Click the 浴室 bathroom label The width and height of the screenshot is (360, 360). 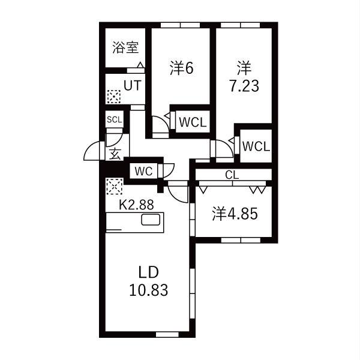coord(125,47)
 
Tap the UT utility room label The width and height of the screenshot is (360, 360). coord(133,85)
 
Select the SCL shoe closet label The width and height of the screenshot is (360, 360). coord(115,119)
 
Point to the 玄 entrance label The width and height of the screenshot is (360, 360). coord(115,154)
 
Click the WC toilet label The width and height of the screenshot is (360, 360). coord(143,171)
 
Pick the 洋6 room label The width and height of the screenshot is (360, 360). coord(182,68)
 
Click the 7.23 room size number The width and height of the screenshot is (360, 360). coord(244,86)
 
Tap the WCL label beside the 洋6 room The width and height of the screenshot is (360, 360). coord(193,122)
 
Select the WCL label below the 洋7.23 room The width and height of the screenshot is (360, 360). coord(256,146)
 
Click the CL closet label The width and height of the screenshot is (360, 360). coord(232,175)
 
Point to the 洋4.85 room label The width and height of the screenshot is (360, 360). coord(235,214)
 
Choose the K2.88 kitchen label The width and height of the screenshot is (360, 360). coord(136,205)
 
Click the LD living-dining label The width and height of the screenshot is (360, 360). coord(149,272)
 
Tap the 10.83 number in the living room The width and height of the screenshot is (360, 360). coord(149,290)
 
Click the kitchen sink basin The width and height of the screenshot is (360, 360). coord(151,220)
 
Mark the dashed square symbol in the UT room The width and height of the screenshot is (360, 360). coord(114,97)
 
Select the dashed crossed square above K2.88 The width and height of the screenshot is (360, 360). coord(115,187)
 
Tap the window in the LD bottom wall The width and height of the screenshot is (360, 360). coord(167,335)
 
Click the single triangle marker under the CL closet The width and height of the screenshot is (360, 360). coord(203,190)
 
